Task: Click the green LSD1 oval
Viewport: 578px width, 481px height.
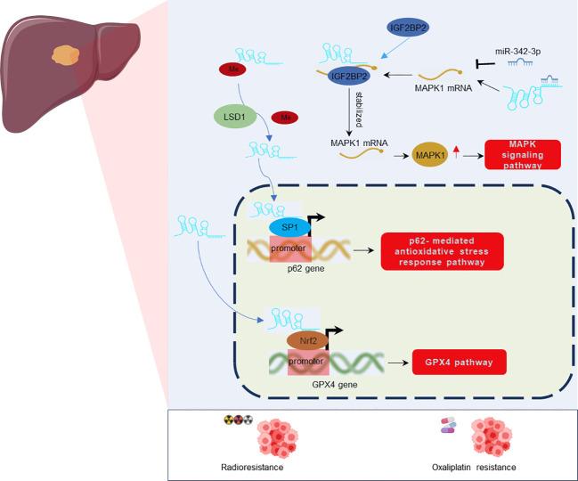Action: click(x=231, y=117)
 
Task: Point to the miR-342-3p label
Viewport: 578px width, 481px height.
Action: click(x=517, y=52)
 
